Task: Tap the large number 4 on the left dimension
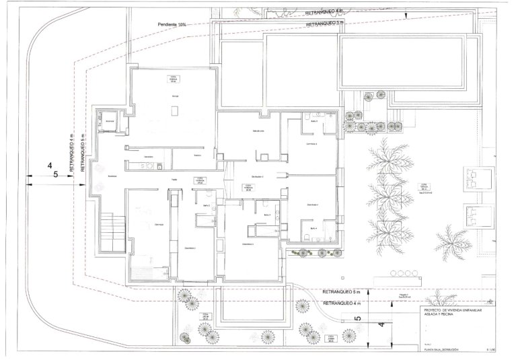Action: point(49,164)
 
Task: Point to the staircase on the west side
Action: point(110,229)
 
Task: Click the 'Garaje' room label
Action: point(174,96)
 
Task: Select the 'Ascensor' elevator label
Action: point(110,121)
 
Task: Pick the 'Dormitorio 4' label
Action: point(312,204)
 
